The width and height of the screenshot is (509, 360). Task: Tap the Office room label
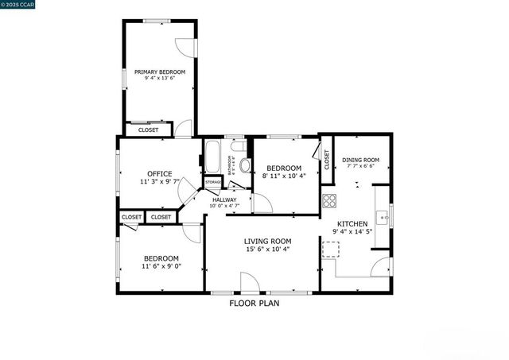(159, 174)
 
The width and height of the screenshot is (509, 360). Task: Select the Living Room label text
(267, 241)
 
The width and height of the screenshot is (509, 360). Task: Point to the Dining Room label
(360, 160)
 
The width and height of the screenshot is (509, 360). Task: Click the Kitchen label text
(352, 224)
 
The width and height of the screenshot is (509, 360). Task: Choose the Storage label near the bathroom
(213, 183)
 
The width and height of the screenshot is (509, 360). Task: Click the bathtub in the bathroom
(212, 156)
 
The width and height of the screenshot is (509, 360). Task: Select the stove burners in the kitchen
(329, 199)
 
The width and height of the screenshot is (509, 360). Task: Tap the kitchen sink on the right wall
(382, 215)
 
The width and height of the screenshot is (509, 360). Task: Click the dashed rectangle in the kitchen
(330, 251)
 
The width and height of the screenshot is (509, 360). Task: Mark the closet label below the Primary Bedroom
(148, 130)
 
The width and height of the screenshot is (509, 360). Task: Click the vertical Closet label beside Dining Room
(326, 159)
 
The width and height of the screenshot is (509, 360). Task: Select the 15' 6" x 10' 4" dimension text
(267, 250)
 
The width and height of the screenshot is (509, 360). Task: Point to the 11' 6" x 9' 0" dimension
(161, 267)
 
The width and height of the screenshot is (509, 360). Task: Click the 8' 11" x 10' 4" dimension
(284, 176)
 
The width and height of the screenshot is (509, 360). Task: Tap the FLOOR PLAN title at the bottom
(254, 303)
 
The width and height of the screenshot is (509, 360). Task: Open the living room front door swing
(249, 281)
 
